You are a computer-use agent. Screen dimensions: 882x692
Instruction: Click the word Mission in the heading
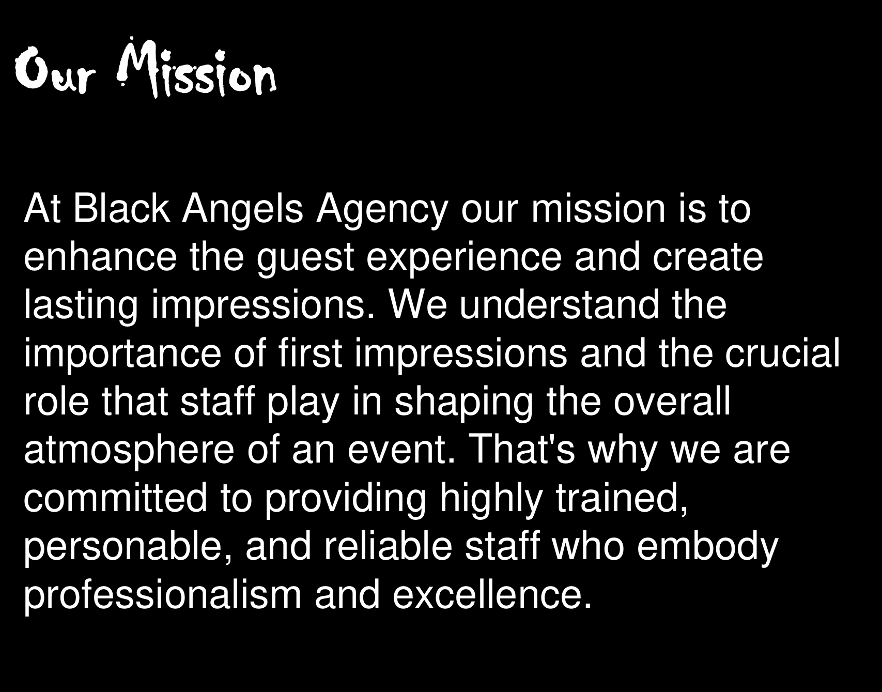coord(197,69)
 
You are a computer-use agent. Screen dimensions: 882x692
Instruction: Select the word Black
coord(121,209)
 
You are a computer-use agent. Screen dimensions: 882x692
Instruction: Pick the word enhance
coord(100,257)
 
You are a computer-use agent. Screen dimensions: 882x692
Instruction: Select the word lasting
coord(81,305)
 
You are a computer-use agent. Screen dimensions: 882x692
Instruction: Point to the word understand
coord(559,305)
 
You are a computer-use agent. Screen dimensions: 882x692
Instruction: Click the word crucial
coord(782,353)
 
